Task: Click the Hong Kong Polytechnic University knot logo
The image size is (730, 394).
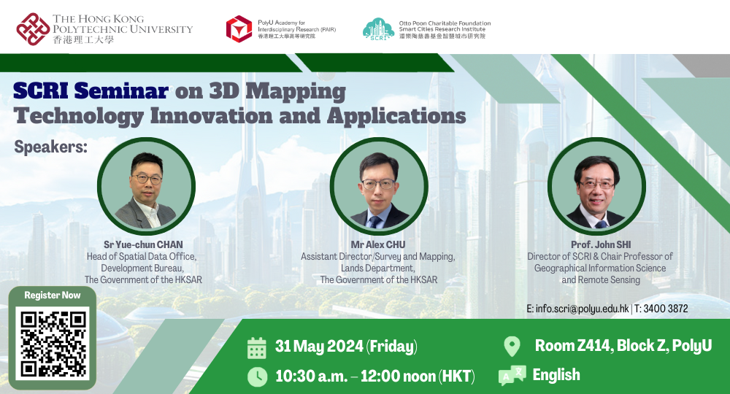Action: (x=34, y=28)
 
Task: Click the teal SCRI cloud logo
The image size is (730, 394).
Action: (x=378, y=28)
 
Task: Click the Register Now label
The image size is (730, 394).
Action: (x=52, y=295)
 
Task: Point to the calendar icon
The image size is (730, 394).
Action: (x=257, y=347)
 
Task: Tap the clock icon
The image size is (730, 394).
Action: (x=257, y=376)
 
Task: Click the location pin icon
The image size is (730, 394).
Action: (x=512, y=346)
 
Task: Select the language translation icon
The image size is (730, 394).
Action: (x=512, y=376)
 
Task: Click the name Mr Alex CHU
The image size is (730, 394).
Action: (x=378, y=245)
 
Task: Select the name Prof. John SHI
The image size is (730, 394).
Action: (x=600, y=245)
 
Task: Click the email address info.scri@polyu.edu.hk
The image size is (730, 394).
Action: (x=577, y=309)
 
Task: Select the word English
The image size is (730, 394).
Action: (x=556, y=375)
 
